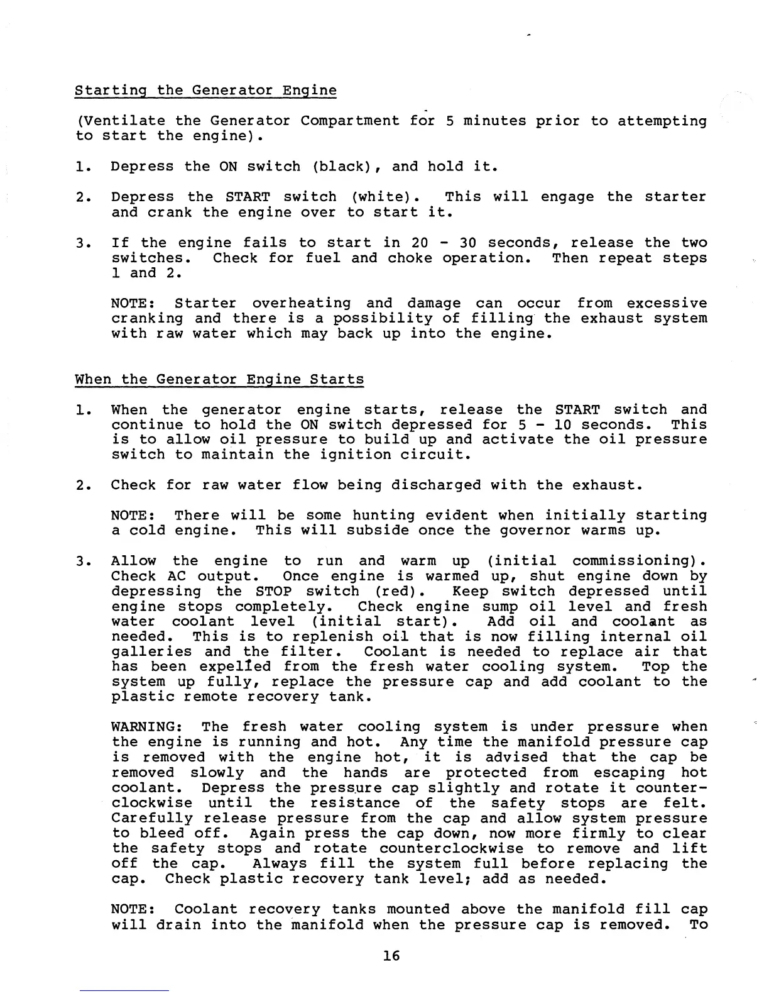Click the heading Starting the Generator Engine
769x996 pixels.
pos(205,91)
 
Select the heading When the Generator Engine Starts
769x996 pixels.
pos(219,380)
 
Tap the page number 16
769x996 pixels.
pos(391,956)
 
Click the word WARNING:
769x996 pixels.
pos(147,728)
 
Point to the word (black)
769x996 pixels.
pos(344,167)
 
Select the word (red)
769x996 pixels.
pos(401,592)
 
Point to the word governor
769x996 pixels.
pos(535,531)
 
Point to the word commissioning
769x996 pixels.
pos(635,561)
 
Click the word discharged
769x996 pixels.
pos(436,485)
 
